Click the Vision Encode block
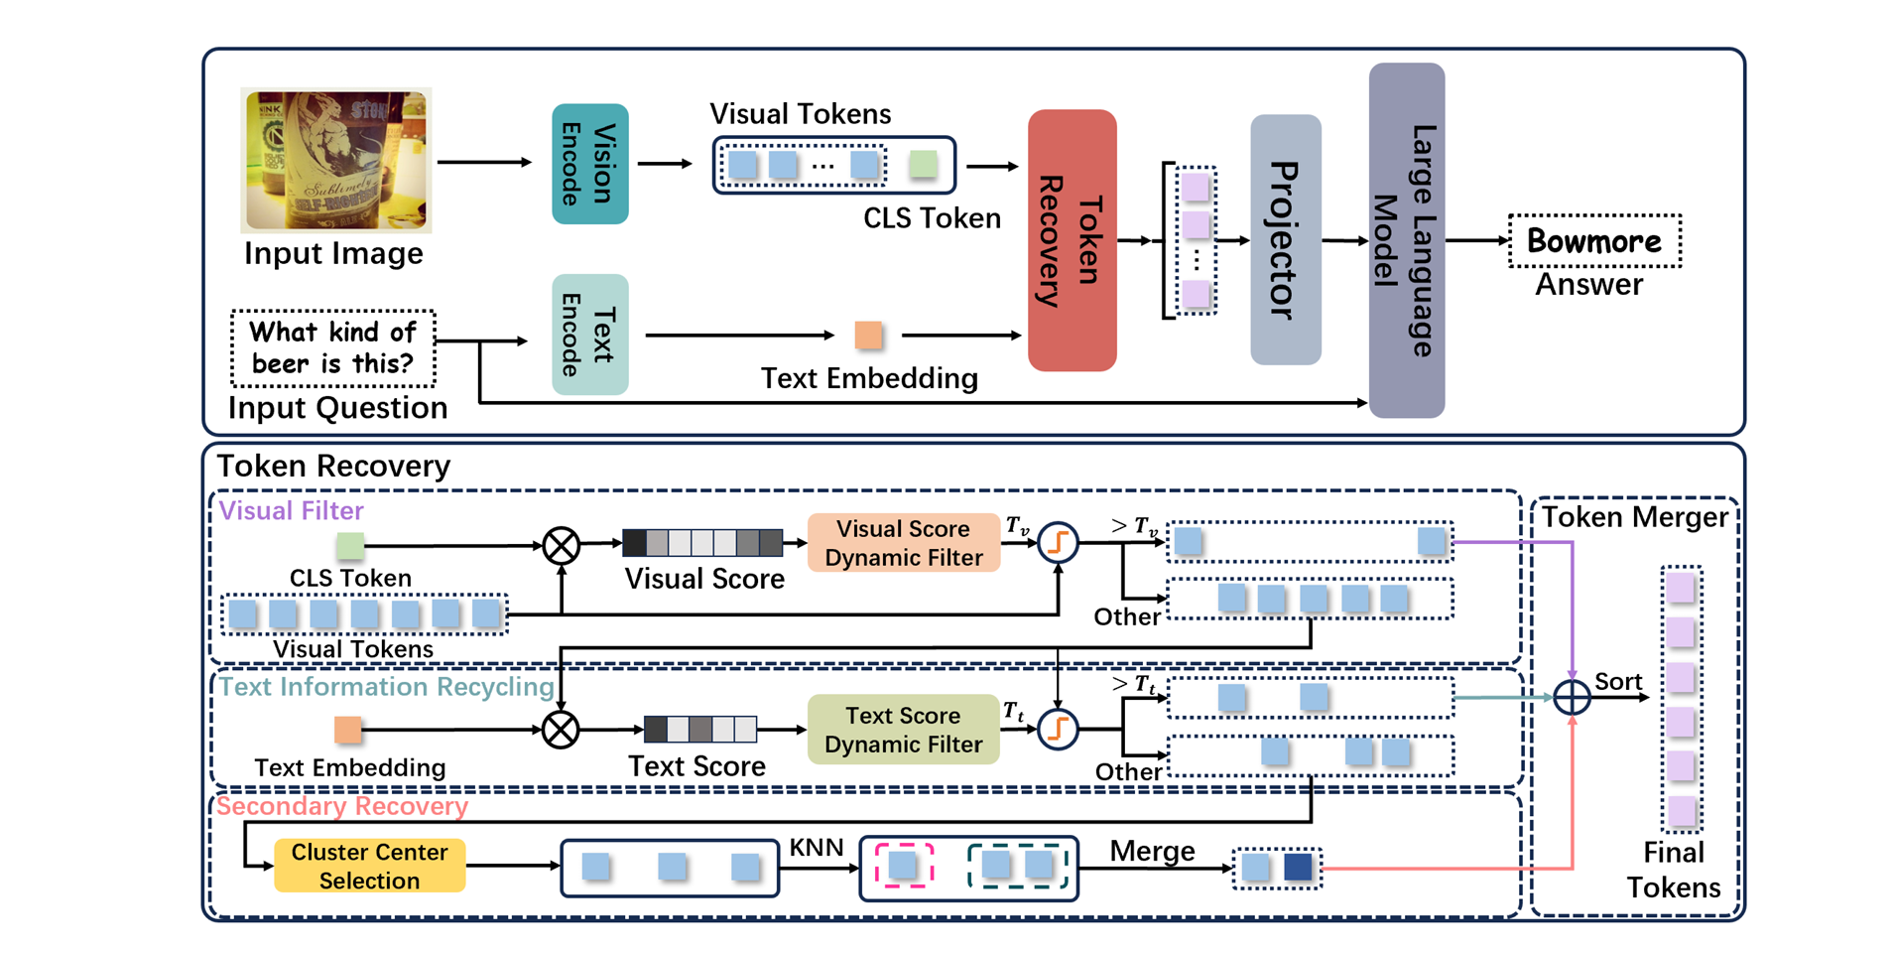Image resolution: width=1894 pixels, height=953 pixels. (x=589, y=164)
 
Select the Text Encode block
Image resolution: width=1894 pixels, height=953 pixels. (x=589, y=335)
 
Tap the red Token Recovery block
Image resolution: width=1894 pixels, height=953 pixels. (x=1072, y=240)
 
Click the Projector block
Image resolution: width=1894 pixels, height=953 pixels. (x=1285, y=240)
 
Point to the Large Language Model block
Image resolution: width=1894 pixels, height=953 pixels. (x=1406, y=240)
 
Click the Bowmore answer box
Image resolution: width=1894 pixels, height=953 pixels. (x=1593, y=241)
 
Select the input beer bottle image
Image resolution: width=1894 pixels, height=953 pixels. (x=336, y=160)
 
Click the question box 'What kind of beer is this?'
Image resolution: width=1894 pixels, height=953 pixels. (x=332, y=348)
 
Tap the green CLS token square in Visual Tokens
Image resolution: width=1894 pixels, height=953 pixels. (x=923, y=165)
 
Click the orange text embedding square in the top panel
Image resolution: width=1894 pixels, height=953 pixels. (x=868, y=336)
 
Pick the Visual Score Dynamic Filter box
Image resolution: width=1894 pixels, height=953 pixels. (x=903, y=543)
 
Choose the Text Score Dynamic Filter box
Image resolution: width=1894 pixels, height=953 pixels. (x=903, y=730)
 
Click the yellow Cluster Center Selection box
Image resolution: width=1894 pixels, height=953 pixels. (x=369, y=866)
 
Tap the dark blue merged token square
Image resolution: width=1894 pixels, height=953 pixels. (x=1298, y=868)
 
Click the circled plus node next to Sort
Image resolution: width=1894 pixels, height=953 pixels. (x=1572, y=697)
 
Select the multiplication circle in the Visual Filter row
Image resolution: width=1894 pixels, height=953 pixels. (x=562, y=545)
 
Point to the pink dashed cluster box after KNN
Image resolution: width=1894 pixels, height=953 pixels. (x=904, y=866)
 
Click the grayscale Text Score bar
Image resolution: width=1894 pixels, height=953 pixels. (x=699, y=730)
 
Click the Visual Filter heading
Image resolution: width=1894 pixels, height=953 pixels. (x=291, y=510)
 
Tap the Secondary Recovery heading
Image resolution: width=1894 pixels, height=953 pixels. (x=341, y=806)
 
